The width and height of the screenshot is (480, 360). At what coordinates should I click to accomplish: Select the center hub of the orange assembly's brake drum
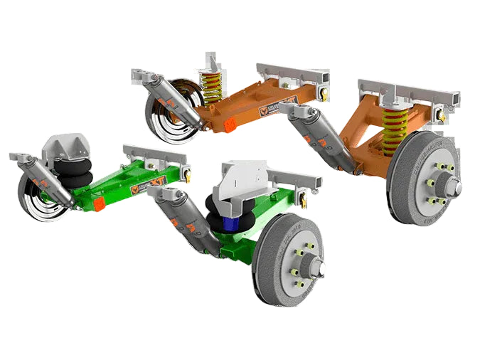(x=446, y=186)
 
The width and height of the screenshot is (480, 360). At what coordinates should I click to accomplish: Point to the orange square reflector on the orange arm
(x=230, y=124)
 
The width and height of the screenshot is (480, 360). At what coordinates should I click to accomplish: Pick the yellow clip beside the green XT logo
(x=188, y=171)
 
